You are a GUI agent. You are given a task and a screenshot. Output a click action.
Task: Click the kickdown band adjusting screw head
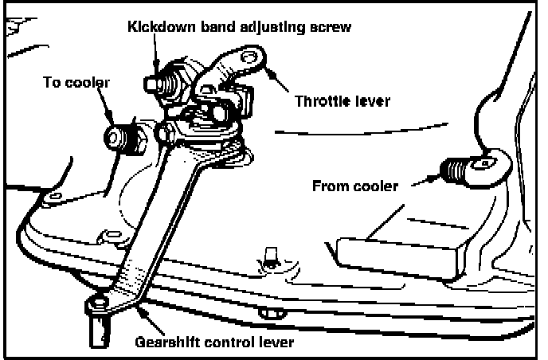(x=155, y=82)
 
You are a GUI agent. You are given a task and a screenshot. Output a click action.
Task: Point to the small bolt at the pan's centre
(x=268, y=256)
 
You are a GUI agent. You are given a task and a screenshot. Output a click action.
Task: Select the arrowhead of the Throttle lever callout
(x=268, y=72)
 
